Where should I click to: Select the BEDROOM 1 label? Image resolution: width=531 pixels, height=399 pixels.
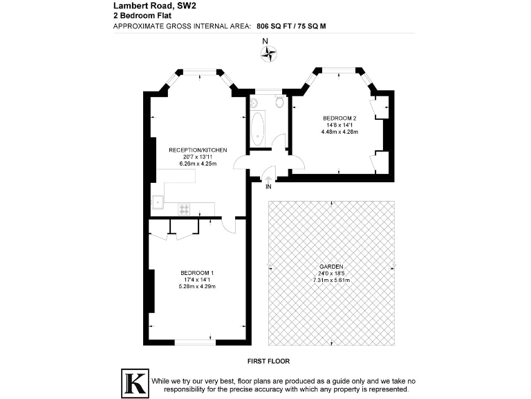point(197,272)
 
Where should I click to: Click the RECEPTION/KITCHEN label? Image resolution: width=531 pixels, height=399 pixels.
point(198,150)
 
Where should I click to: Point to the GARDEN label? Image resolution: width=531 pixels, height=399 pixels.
point(331,267)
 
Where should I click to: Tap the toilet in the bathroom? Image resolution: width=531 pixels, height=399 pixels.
point(279,103)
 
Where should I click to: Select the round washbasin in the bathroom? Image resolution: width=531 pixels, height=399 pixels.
point(254,103)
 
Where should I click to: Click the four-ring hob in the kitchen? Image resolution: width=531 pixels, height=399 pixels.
point(184,208)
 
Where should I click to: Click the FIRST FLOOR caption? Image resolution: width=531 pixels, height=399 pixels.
point(268,362)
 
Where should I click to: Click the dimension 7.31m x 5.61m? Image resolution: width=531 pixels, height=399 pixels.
point(331,281)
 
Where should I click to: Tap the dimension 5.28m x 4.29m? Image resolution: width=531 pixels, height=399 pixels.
point(197,286)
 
